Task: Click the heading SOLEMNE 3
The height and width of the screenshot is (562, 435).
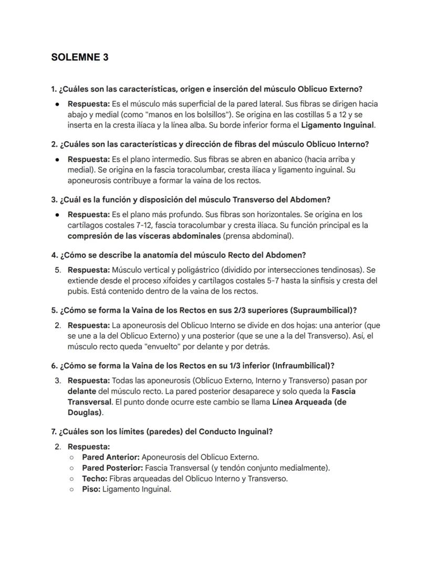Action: pos(80,57)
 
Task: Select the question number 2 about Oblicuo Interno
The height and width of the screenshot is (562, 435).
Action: pos(54,144)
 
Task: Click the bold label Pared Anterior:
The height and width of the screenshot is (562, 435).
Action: pos(110,457)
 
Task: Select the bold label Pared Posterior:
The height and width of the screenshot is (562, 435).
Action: pos(112,468)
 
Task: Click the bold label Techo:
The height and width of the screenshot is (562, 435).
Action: pos(94,478)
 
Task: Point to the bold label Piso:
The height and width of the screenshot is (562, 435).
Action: pos(91,489)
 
